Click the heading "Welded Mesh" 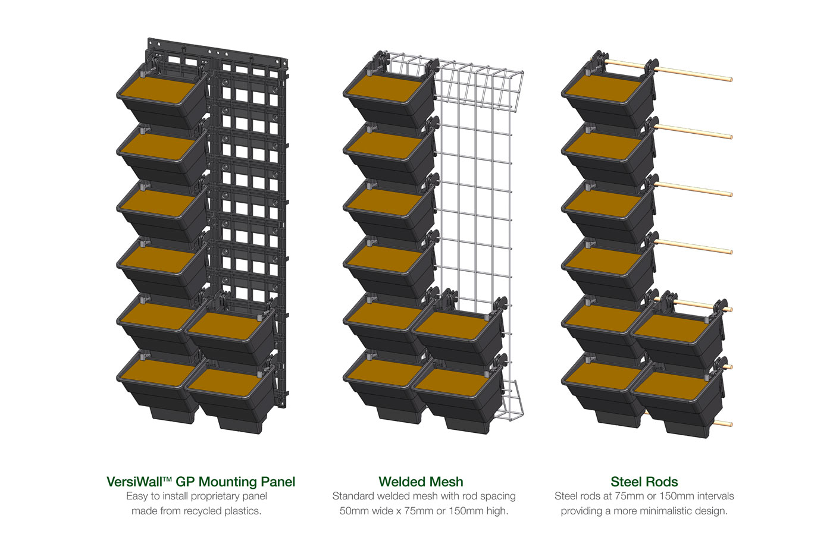[421, 482]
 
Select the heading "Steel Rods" [644, 482]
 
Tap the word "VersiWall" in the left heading [134, 482]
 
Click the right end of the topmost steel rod [731, 79]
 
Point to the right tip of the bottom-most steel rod [731, 425]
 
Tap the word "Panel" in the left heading [278, 482]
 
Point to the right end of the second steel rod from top [731, 137]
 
